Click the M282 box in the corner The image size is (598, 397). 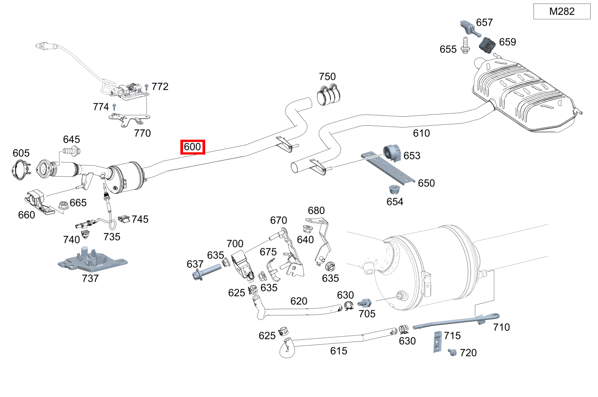click(561, 12)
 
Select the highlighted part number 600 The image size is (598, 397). click(193, 147)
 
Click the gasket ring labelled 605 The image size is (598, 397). click(20, 169)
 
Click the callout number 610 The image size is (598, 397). click(421, 133)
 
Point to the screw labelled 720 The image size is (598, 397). click(451, 351)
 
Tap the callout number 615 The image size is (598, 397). click(339, 351)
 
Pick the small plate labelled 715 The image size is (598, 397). click(437, 342)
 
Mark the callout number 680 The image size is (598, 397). click(316, 210)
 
